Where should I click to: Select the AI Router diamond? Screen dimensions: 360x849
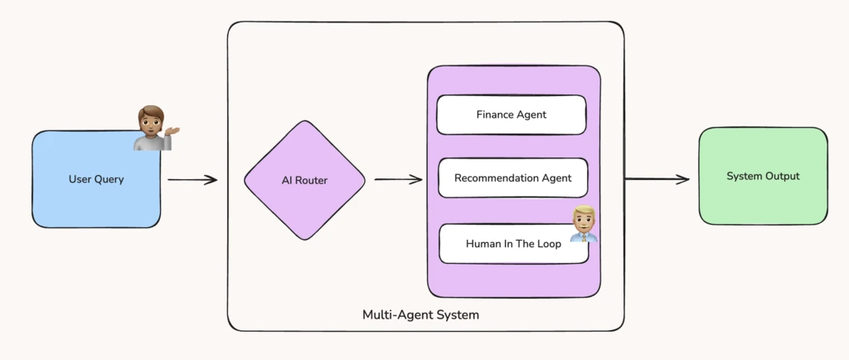tap(304, 180)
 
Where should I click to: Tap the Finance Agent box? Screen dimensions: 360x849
tap(511, 114)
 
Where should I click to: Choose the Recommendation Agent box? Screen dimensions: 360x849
tap(512, 178)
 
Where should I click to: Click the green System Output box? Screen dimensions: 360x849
tap(763, 176)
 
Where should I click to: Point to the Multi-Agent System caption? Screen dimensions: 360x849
tap(420, 315)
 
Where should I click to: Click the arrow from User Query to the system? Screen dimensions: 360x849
tap(192, 179)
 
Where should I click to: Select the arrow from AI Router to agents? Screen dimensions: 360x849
tap(398, 179)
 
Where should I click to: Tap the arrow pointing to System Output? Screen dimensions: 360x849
tap(657, 179)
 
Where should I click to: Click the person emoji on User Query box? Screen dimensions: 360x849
tap(153, 128)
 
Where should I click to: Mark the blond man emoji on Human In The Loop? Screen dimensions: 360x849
tap(584, 223)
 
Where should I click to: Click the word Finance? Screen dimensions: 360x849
tap(495, 114)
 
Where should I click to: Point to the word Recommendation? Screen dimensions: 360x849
tap(492, 178)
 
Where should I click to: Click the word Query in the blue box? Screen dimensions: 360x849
tap(108, 179)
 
